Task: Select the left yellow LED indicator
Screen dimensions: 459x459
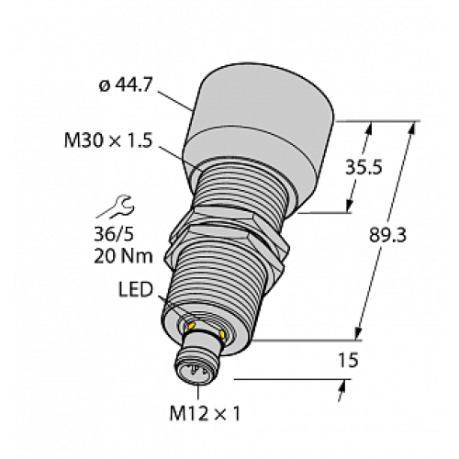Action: [x=190, y=324]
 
